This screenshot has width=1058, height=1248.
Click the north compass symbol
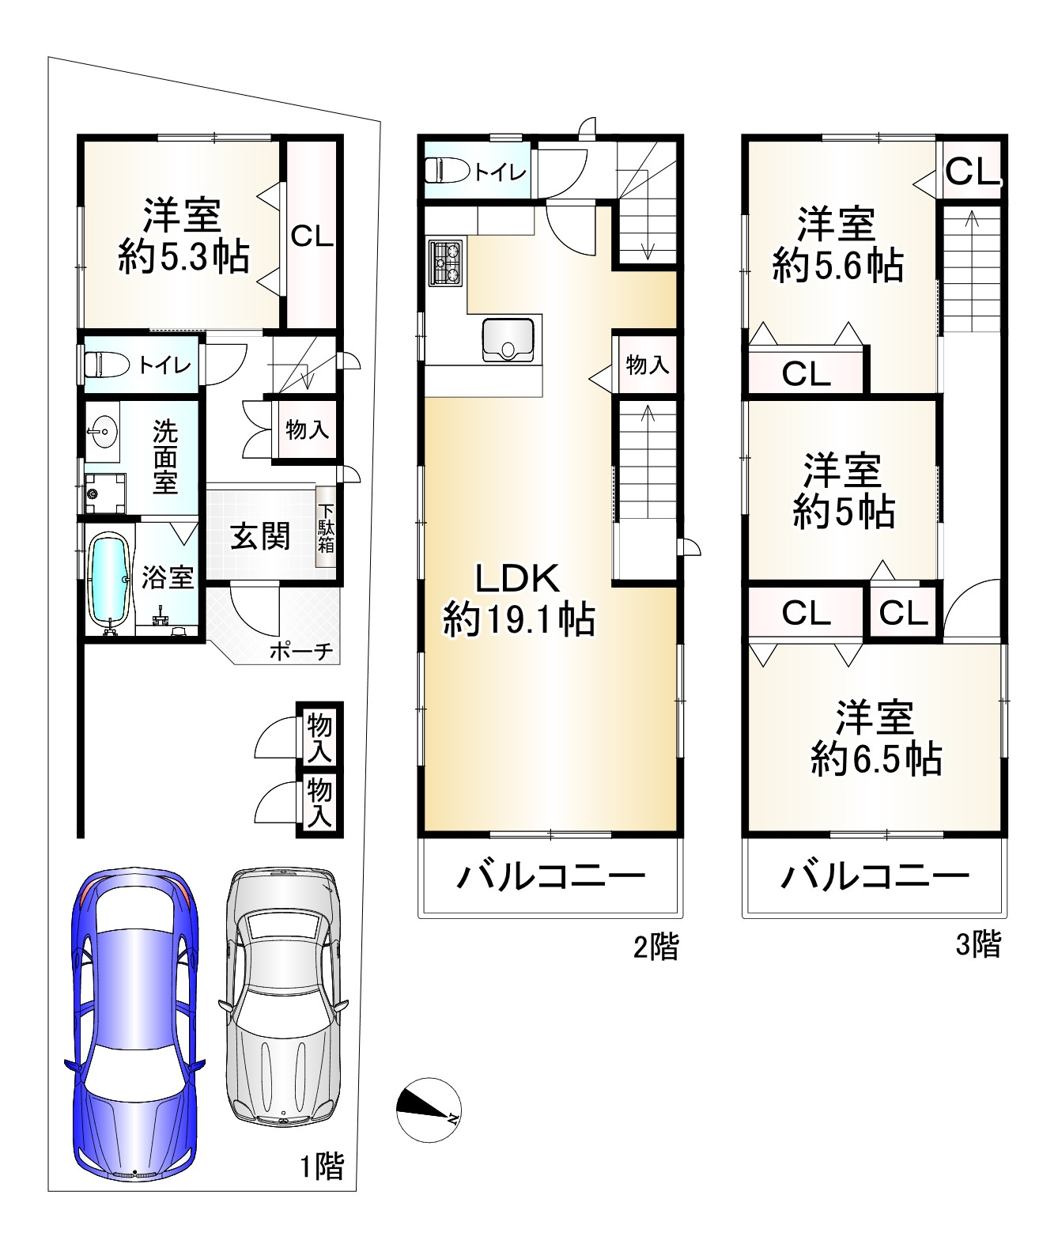click(429, 1109)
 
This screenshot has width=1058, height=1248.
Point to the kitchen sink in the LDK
click(508, 339)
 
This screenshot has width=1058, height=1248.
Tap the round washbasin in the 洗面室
click(103, 431)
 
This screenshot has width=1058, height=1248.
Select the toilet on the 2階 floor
click(448, 170)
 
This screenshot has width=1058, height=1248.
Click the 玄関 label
click(260, 536)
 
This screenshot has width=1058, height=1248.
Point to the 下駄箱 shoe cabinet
click(326, 527)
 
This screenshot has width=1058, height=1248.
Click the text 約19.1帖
click(519, 619)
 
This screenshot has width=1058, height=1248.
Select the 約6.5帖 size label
click(876, 758)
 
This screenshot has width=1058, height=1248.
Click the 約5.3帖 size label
click(183, 256)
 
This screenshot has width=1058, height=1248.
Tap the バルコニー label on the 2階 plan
click(550, 876)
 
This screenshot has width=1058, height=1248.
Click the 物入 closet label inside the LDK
click(647, 364)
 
